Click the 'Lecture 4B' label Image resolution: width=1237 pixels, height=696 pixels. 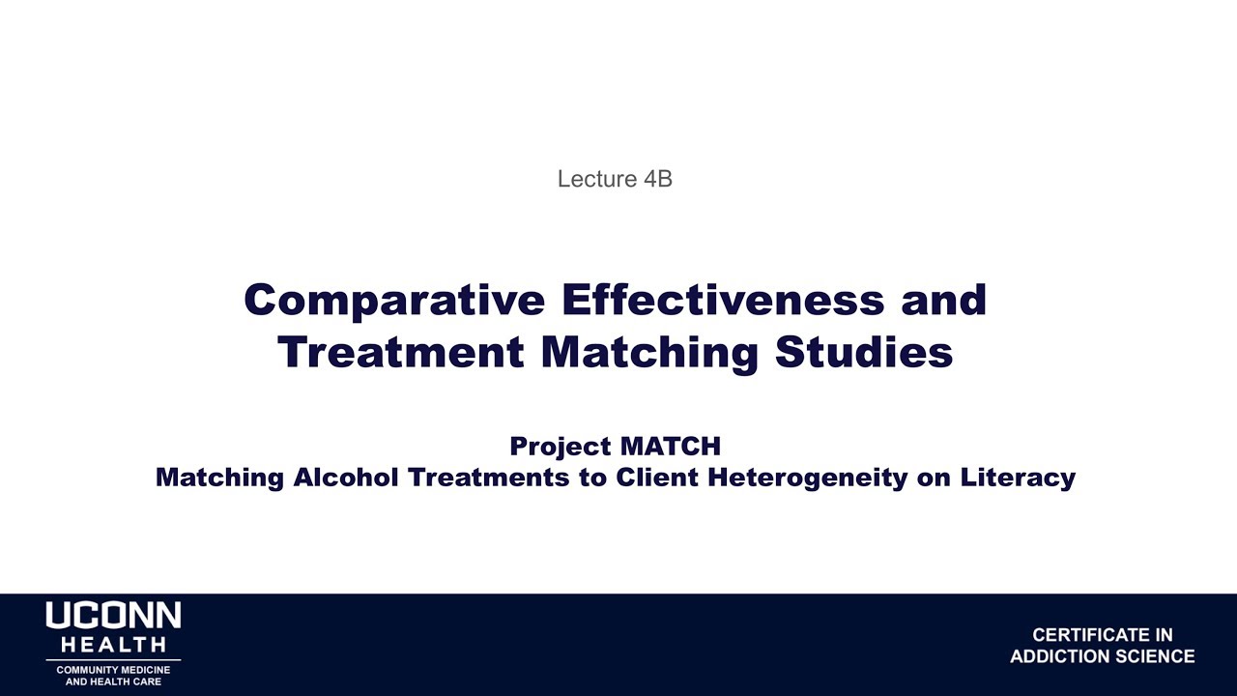point(615,179)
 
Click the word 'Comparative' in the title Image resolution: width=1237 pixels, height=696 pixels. point(394,300)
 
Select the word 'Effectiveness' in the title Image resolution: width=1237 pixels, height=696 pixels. point(722,300)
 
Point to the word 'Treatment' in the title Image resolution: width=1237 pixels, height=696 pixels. point(401,352)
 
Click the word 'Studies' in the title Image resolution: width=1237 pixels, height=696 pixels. point(864,352)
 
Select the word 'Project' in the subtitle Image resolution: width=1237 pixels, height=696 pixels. point(561,447)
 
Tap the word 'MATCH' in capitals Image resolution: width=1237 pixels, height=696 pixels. point(670,447)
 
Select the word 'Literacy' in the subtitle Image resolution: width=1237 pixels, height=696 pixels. point(1018,478)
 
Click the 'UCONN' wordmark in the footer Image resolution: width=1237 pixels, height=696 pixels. point(113,617)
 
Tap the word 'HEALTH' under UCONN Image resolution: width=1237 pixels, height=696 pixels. point(113,645)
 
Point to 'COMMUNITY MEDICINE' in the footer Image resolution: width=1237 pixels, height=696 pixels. point(113,670)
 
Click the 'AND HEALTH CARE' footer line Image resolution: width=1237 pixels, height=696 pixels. point(113,681)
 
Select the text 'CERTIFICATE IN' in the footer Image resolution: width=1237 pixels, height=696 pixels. point(1102,635)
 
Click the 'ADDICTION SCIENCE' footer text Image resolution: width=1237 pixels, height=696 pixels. point(1102,657)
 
